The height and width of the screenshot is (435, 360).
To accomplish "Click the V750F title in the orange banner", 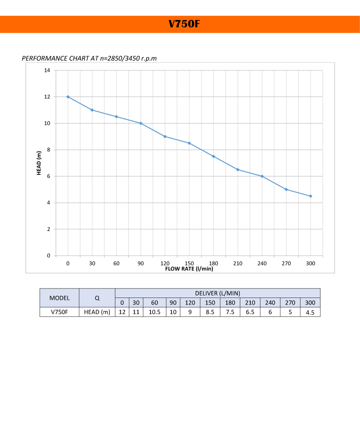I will point(184,24).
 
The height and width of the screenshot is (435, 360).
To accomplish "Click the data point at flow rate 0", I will point(68,97).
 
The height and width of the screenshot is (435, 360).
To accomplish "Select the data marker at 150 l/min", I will point(189,143).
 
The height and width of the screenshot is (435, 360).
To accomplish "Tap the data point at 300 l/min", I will point(310,196).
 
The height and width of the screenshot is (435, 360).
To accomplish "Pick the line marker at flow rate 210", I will point(238,170).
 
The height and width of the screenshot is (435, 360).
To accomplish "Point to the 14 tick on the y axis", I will point(47,70).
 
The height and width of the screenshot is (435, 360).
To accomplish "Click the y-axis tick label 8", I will point(49,150).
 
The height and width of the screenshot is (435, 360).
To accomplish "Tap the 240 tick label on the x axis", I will point(262,264).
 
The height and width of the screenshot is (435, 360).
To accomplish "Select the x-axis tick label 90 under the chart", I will point(141,264).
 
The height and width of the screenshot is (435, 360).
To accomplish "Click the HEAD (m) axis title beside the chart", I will point(39,163).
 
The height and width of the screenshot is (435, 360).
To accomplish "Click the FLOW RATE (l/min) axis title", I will point(189,269).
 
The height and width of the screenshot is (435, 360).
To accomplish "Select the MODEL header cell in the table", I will point(60,298).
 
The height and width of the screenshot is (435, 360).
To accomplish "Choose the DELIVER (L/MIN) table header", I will point(218,293).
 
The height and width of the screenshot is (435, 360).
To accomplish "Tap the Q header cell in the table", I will point(97,298).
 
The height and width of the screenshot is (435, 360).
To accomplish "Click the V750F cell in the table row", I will point(60,312).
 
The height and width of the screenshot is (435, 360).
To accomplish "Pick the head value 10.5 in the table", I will point(155,312).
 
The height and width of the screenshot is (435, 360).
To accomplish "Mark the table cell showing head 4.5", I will point(310,312).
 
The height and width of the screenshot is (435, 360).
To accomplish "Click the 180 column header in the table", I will point(230,303).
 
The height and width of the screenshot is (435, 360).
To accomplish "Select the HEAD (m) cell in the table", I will point(97,312).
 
